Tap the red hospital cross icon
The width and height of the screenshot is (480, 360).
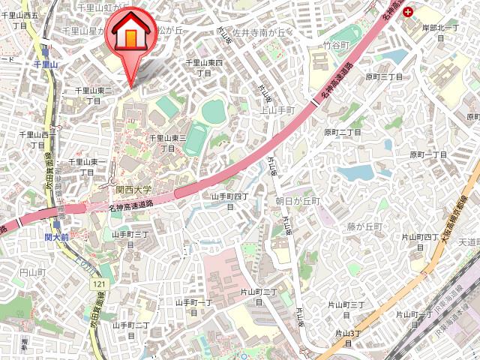(x=407, y=12)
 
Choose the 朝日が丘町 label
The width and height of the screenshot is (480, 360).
(x=297, y=202)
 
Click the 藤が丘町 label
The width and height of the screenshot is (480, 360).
(x=364, y=226)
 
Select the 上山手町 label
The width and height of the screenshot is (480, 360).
(x=276, y=109)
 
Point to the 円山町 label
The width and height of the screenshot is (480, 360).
(x=33, y=271)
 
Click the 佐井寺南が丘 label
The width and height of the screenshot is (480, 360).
(x=259, y=33)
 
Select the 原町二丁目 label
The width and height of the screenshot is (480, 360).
(x=343, y=132)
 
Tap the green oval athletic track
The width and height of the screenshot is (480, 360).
(x=197, y=139)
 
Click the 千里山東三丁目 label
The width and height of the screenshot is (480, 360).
(x=168, y=142)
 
